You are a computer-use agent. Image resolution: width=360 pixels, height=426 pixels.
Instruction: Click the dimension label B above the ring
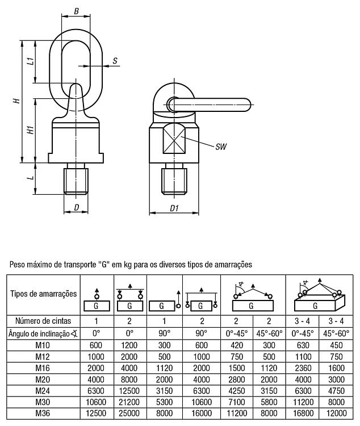point(76,11)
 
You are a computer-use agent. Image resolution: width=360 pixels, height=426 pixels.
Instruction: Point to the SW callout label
point(221,147)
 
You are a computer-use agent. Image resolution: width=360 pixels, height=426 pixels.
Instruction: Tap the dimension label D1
point(174,208)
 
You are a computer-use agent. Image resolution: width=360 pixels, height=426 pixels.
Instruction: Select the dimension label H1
point(31,130)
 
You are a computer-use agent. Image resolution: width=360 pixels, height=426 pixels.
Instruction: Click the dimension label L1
point(31,61)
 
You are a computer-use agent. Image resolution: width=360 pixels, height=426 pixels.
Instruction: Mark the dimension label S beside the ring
point(115,61)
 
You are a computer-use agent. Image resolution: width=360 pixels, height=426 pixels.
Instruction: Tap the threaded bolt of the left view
point(76,179)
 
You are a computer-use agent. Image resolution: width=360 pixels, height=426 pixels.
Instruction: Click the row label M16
point(43,368)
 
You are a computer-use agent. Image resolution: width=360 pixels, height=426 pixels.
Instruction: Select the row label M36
point(43,414)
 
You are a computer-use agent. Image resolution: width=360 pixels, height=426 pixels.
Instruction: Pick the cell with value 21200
point(129,402)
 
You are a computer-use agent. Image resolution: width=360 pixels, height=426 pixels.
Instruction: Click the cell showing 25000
point(129,414)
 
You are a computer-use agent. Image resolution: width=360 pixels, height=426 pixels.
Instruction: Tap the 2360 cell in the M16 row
point(303,368)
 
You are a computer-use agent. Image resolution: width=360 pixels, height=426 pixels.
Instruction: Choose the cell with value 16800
point(303,414)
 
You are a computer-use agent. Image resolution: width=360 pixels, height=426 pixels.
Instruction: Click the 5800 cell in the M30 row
point(269,402)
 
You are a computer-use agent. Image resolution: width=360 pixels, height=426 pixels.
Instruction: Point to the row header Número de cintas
point(43,321)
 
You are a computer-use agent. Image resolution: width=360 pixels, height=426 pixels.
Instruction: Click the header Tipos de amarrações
point(44,294)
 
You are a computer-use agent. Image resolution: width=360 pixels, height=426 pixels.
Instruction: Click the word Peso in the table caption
point(17,264)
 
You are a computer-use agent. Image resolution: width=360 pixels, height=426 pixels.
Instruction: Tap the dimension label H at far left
point(17,101)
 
